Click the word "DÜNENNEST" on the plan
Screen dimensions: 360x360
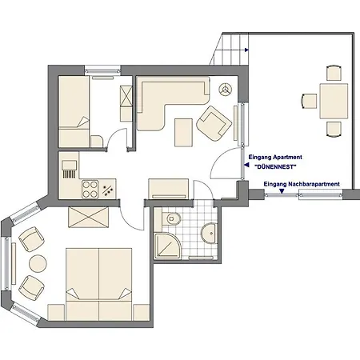[275, 167]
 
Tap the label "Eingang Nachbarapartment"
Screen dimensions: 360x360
[302, 184]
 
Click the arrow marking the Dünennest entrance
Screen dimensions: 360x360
[246, 165]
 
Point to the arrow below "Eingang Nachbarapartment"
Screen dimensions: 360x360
[282, 191]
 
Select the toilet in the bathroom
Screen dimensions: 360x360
[171, 218]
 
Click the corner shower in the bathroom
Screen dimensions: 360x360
[168, 246]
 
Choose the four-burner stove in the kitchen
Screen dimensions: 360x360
[90, 190]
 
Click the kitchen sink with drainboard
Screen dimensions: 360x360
[70, 170]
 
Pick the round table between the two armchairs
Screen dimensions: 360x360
[38, 264]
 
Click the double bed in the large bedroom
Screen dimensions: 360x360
[99, 284]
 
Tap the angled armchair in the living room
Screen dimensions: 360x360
[214, 123]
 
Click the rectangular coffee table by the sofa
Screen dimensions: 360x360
[183, 133]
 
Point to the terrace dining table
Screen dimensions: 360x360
[334, 102]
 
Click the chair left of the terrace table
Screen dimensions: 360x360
[310, 102]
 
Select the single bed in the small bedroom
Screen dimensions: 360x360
[74, 112]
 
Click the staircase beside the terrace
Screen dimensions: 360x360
[230, 49]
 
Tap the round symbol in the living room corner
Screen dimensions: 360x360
[226, 90]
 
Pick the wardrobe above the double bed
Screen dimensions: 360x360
[89, 217]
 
